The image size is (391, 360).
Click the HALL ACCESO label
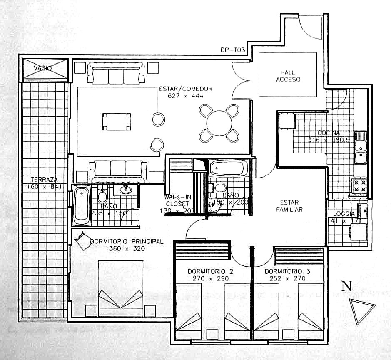click(x=288, y=76)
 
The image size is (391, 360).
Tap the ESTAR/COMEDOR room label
click(x=185, y=89)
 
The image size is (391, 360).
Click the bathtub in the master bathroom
click(x=82, y=204)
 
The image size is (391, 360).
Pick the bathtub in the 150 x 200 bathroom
click(x=228, y=169)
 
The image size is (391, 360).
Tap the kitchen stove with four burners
click(x=360, y=185)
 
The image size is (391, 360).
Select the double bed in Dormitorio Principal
click(x=121, y=285)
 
